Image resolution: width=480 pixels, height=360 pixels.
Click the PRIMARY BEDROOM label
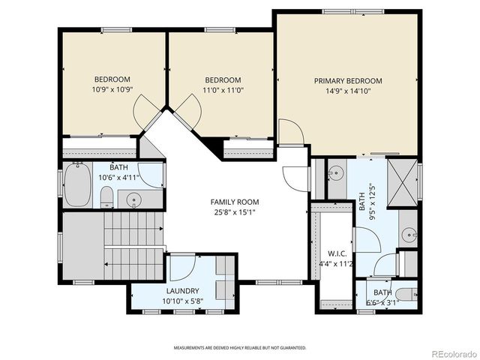348,81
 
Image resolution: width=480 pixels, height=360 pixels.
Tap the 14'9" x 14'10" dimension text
348,91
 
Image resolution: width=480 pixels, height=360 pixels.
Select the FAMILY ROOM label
235,202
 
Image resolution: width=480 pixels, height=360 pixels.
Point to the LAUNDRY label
182,291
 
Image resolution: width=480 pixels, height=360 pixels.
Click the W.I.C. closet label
336,253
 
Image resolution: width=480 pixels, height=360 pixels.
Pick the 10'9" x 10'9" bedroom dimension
112,90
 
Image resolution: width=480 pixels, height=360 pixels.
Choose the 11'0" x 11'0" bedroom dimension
223,90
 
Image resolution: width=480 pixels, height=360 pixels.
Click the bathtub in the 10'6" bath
77,185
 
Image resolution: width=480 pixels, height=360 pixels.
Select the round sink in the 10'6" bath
134,199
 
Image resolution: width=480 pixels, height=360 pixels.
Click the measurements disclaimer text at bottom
240,348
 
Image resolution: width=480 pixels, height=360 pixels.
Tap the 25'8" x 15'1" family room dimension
235,211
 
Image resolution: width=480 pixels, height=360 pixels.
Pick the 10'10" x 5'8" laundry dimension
182,301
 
